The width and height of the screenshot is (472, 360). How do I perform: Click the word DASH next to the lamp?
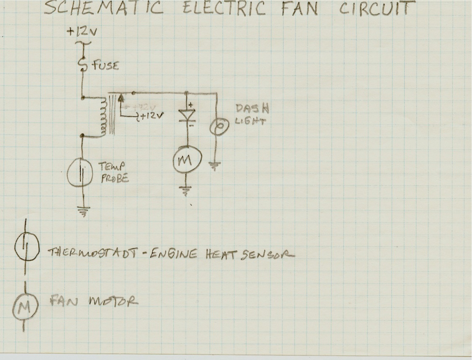pyautogui.click(x=252, y=109)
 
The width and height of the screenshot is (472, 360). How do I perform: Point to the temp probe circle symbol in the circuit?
pyautogui.click(x=80, y=173)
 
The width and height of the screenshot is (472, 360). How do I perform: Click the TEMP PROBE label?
pyautogui.click(x=114, y=173)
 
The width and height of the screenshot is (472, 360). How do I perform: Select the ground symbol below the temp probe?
pyautogui.click(x=83, y=211)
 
